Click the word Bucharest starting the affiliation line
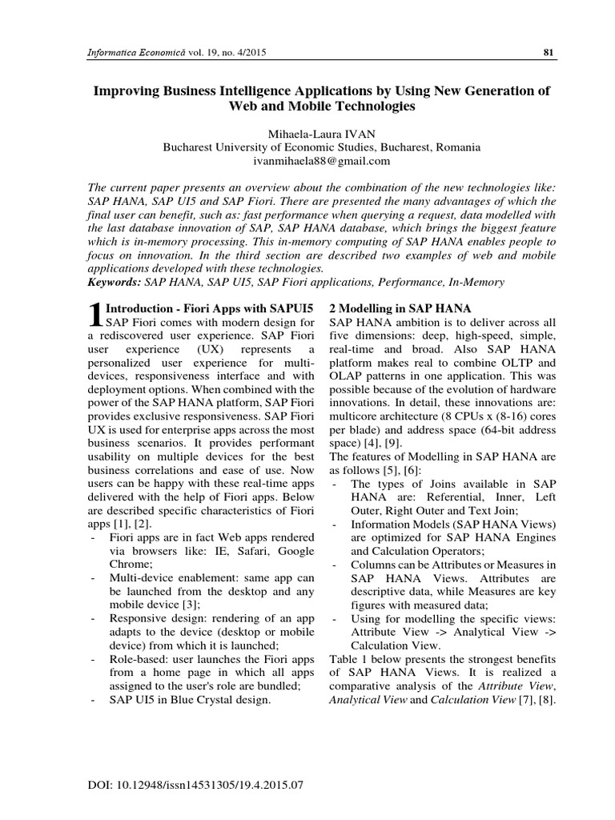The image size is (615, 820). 190,147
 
